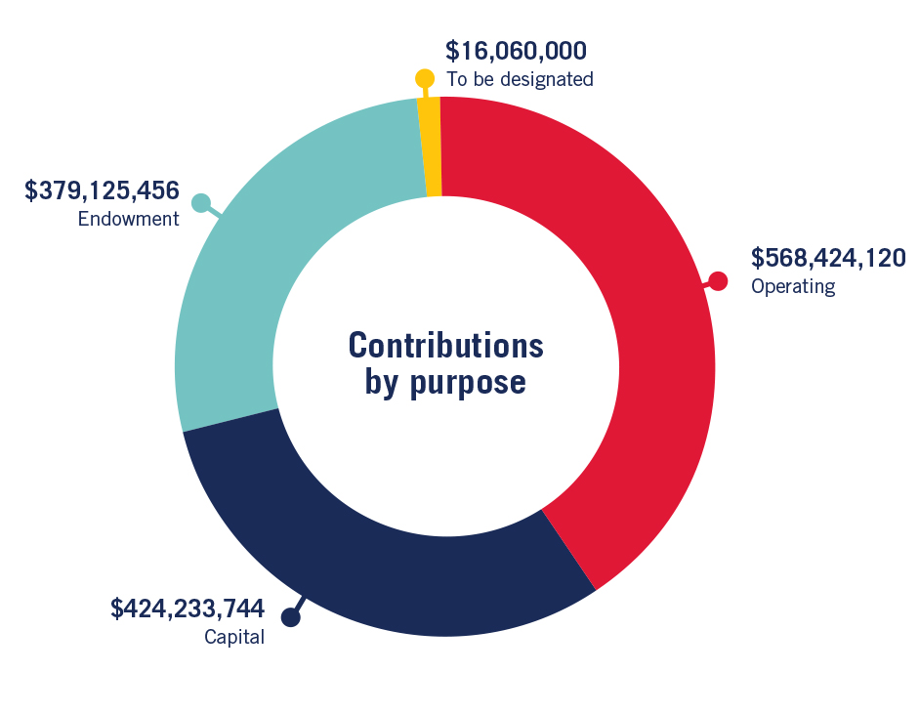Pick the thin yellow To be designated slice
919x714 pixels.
click(x=431, y=147)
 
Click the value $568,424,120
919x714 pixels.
click(x=828, y=258)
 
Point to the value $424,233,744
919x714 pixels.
click(x=188, y=609)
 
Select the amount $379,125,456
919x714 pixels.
click(x=102, y=189)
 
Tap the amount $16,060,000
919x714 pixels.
click(x=516, y=51)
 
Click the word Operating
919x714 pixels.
click(x=793, y=287)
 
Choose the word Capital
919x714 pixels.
click(x=234, y=639)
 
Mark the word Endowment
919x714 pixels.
click(x=129, y=219)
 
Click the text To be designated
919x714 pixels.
click(x=520, y=80)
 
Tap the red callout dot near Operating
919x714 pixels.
click(x=718, y=281)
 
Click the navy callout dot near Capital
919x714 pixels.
click(x=290, y=617)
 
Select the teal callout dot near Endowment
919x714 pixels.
click(x=201, y=203)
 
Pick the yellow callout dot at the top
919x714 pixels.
click(x=424, y=78)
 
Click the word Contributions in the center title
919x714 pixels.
click(x=445, y=346)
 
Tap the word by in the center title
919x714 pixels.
click(x=383, y=383)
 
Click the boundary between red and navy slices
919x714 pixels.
click(x=568, y=549)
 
